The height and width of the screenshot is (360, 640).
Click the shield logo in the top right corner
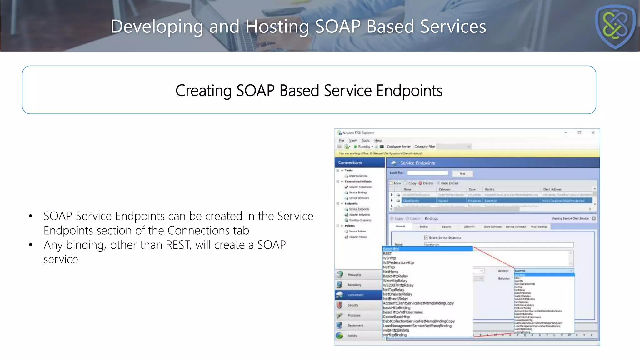[x=615, y=27]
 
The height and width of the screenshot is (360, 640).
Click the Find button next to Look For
[x=462, y=174]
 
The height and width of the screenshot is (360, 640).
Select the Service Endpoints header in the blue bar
[x=417, y=163]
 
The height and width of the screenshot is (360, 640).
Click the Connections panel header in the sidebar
[x=350, y=162]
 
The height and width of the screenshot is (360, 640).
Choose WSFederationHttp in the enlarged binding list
[x=398, y=263]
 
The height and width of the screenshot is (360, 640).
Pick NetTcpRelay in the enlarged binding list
[x=393, y=290]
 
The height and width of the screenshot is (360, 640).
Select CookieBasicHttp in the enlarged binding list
[x=396, y=317]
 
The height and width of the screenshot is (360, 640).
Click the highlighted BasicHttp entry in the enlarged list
[x=391, y=249]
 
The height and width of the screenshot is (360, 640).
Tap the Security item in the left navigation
[x=353, y=305]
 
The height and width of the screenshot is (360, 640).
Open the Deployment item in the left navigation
[x=355, y=325]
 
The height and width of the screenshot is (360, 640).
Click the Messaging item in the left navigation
[x=354, y=275]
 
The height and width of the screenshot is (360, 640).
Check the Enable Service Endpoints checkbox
[x=426, y=237]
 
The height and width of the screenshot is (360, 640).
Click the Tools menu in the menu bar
[x=365, y=141]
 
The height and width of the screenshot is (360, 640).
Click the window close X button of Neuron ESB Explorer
[x=593, y=133]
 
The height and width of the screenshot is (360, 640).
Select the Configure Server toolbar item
[x=398, y=147]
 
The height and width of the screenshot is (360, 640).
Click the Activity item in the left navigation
[x=352, y=336]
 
